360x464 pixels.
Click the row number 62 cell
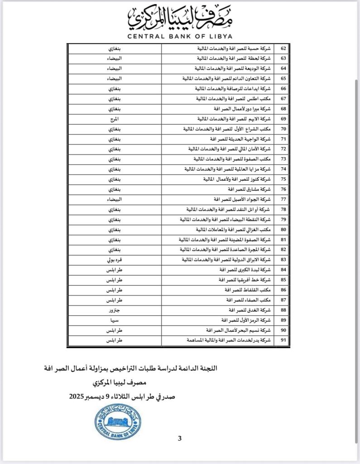click(x=284, y=48)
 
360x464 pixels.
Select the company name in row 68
click(x=235, y=109)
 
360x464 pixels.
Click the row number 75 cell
click(x=284, y=179)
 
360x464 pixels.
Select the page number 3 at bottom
click(x=180, y=438)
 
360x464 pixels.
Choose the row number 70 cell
click(x=284, y=129)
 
